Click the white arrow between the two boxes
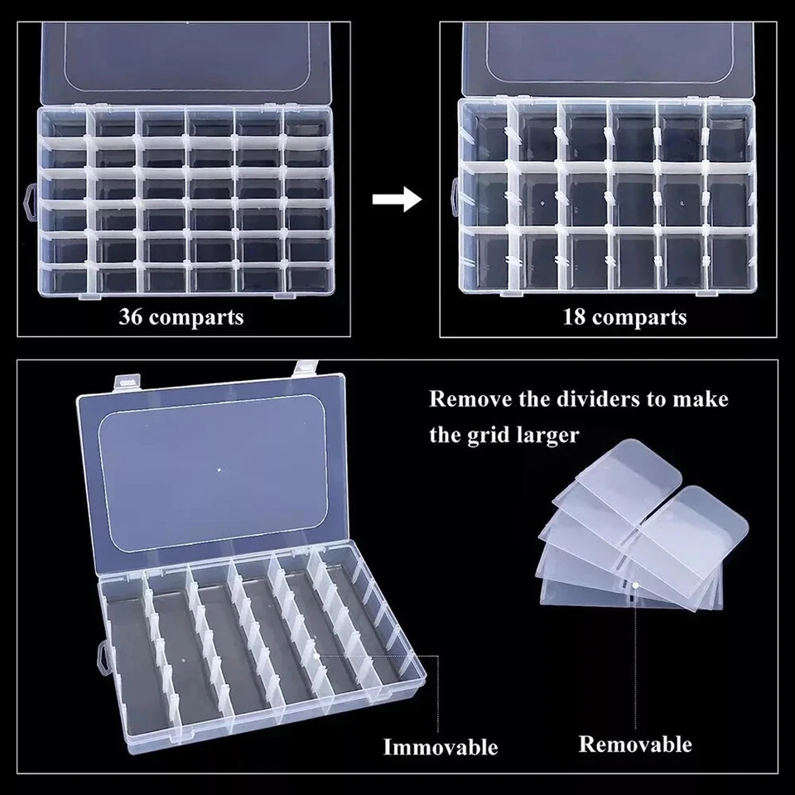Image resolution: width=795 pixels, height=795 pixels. [x=397, y=200]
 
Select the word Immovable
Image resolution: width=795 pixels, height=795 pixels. [x=441, y=747]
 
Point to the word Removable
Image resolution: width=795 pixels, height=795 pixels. [x=635, y=744]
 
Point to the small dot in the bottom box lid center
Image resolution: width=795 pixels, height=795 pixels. [x=219, y=470]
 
